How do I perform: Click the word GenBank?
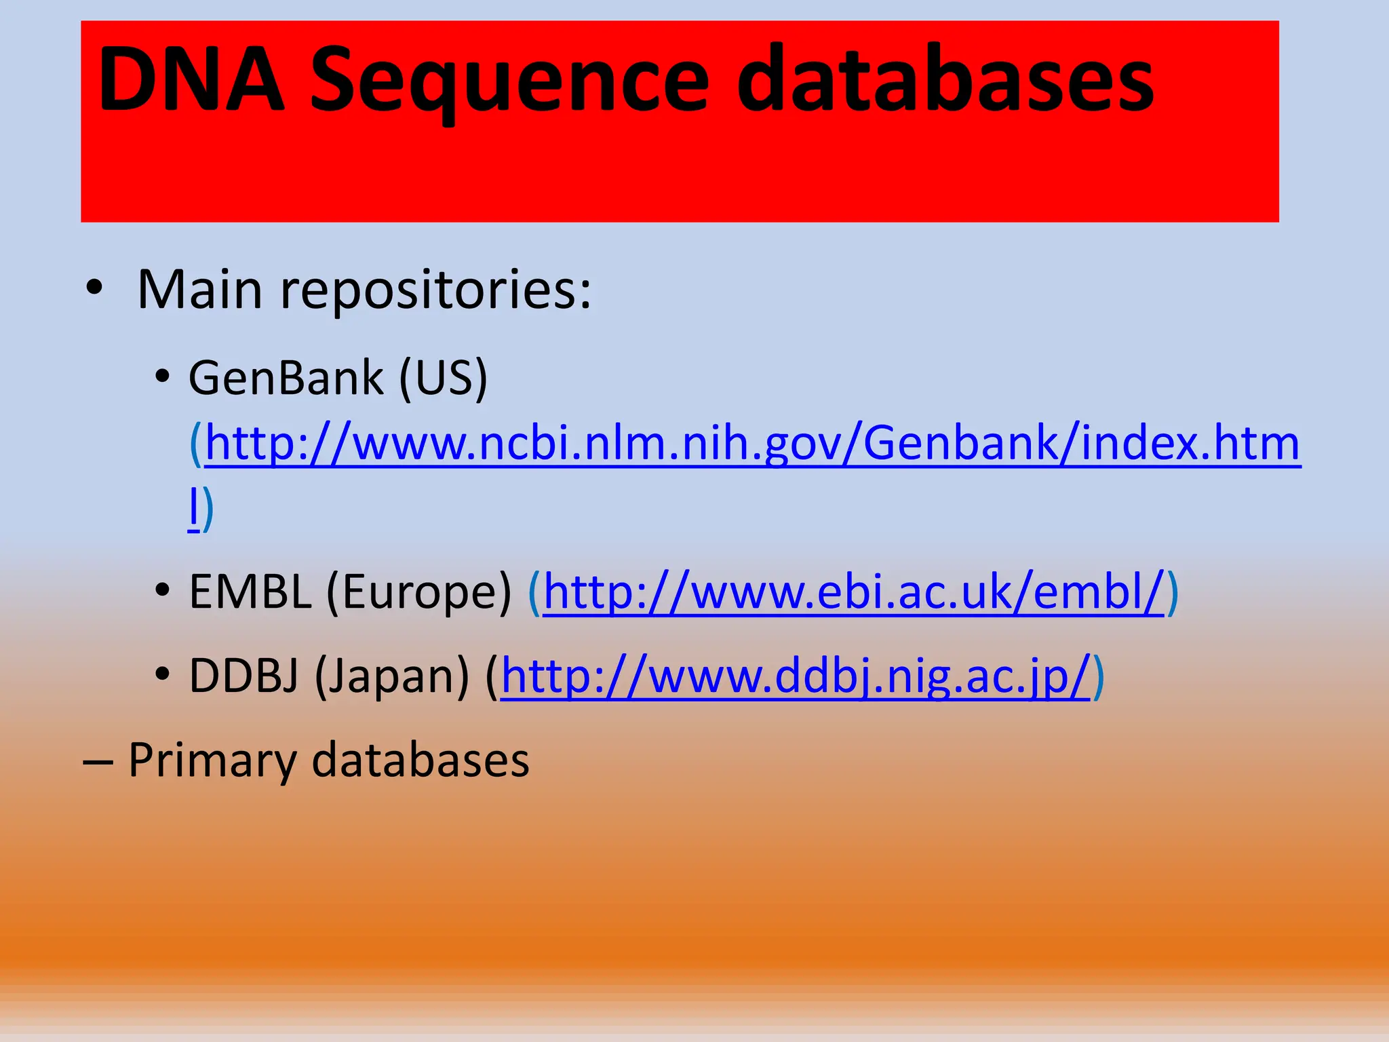tap(286, 378)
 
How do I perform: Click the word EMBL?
tap(250, 592)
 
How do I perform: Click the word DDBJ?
tap(243, 676)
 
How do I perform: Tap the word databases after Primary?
tap(420, 760)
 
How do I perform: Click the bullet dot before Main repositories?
tap(94, 288)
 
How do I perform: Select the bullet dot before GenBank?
tap(161, 376)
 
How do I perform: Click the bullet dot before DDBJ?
tap(161, 674)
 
